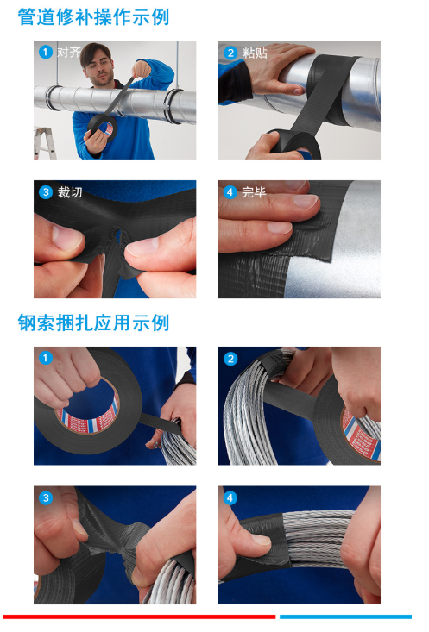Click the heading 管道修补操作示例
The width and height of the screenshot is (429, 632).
point(93,17)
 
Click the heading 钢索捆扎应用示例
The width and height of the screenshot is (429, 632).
point(93,322)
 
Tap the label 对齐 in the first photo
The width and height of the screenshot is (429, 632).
point(69,52)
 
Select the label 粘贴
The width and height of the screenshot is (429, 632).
point(255,53)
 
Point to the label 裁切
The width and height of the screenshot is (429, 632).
point(70,192)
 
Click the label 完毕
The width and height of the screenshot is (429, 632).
point(254,192)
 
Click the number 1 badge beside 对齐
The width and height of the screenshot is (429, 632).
point(46,52)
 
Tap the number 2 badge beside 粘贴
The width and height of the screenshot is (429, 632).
point(230,53)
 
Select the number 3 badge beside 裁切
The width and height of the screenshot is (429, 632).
point(46,192)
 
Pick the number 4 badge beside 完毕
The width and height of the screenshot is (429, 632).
point(230,192)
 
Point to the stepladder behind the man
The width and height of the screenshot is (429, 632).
point(44,143)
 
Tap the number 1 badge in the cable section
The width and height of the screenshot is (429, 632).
point(46,358)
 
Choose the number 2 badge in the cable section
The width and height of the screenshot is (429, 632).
point(230,359)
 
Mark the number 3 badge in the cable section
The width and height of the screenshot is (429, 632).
point(46,497)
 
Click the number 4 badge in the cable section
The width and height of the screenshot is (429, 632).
point(230,497)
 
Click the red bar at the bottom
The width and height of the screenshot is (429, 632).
point(139,616)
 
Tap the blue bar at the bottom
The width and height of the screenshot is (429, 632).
point(345,616)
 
